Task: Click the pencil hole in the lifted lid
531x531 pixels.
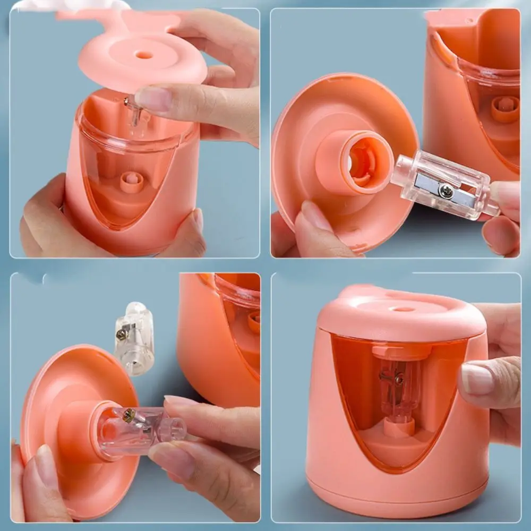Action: pyautogui.click(x=144, y=55)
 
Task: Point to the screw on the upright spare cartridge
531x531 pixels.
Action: pyautogui.click(x=122, y=334)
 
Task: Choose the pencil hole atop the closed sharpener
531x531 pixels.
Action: pyautogui.click(x=403, y=309)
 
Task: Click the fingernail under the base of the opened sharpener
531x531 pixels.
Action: pyautogui.click(x=198, y=220)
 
